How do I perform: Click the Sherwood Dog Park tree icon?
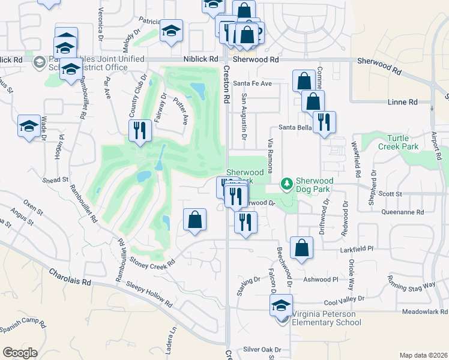click(x=287, y=183)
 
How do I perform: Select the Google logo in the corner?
click(x=20, y=352)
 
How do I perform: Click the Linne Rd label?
click(x=402, y=103)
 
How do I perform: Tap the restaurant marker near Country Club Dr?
click(x=140, y=130)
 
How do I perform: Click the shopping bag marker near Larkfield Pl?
click(x=301, y=247)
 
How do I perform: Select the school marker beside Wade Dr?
click(x=29, y=126)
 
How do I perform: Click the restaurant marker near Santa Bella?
click(x=324, y=122)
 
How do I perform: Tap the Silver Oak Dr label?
click(x=262, y=349)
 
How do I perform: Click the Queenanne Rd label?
click(x=403, y=212)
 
